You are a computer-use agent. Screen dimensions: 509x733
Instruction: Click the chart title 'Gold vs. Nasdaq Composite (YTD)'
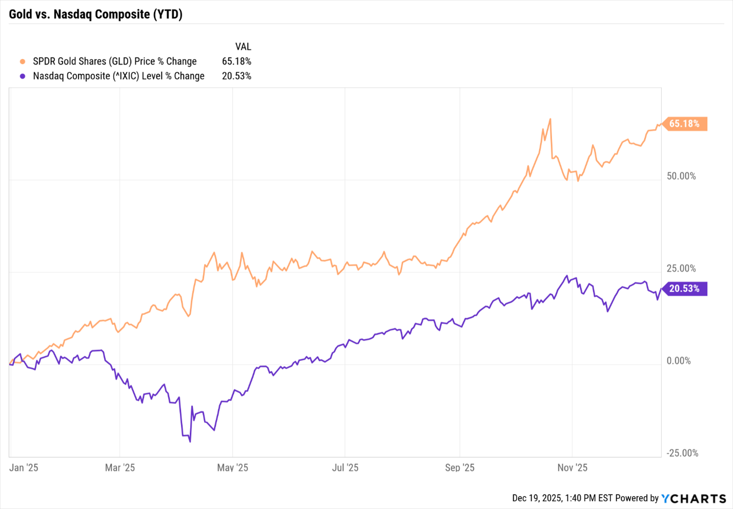tap(96, 14)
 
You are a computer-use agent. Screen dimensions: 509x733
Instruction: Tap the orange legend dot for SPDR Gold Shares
tap(23, 62)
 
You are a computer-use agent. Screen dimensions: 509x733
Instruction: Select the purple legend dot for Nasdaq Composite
tap(23, 76)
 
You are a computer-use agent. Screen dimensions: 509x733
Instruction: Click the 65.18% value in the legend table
tap(236, 62)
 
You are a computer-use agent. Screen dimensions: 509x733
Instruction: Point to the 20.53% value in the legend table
tap(236, 76)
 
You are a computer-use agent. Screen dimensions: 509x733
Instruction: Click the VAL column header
tap(243, 47)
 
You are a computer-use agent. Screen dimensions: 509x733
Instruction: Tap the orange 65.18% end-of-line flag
tap(684, 124)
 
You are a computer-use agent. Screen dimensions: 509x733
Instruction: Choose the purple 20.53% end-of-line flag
tap(684, 289)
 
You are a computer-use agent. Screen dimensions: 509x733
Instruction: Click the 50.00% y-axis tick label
tap(681, 176)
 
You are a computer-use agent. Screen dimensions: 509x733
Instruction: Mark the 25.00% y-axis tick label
tap(681, 269)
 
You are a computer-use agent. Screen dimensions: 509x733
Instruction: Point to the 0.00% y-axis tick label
tap(679, 361)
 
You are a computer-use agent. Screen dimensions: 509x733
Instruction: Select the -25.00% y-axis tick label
tap(682, 453)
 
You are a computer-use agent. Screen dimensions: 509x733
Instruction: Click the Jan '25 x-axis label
tap(24, 467)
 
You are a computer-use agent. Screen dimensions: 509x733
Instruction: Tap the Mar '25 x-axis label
tap(120, 467)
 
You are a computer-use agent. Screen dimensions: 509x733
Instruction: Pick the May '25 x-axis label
tap(233, 467)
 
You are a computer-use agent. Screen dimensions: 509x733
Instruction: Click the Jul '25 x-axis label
tap(345, 467)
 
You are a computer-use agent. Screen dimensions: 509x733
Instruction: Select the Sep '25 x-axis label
tap(460, 467)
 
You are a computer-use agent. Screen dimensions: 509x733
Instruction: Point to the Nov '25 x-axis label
tap(573, 467)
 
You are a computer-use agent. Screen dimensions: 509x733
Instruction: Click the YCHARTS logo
tap(694, 498)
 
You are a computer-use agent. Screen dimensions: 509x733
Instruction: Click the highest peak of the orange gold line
tap(550, 119)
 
